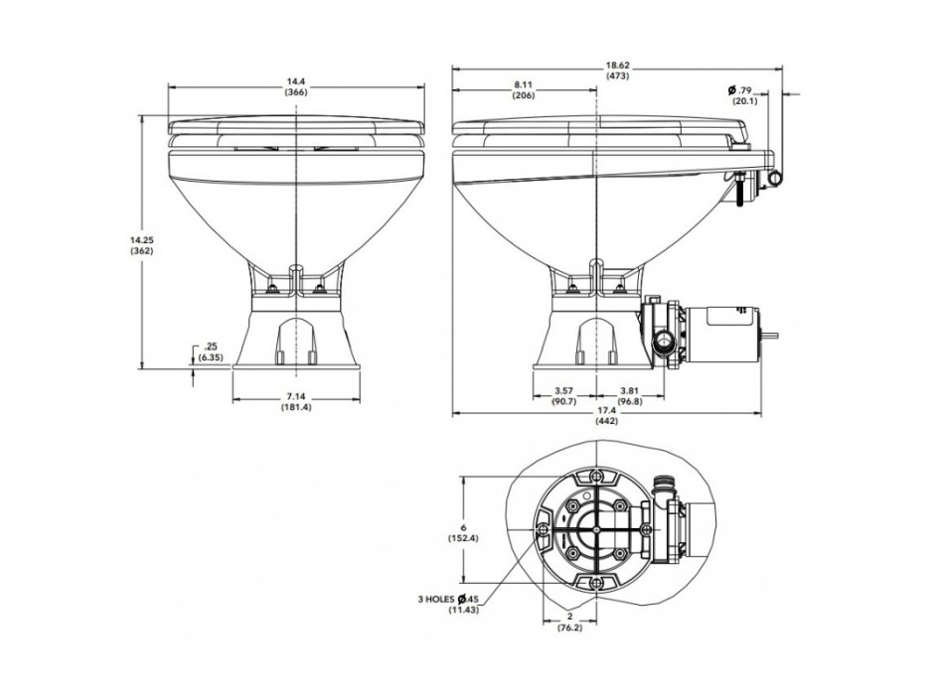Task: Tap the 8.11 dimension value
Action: [524, 84]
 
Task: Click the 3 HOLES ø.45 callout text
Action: [452, 599]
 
